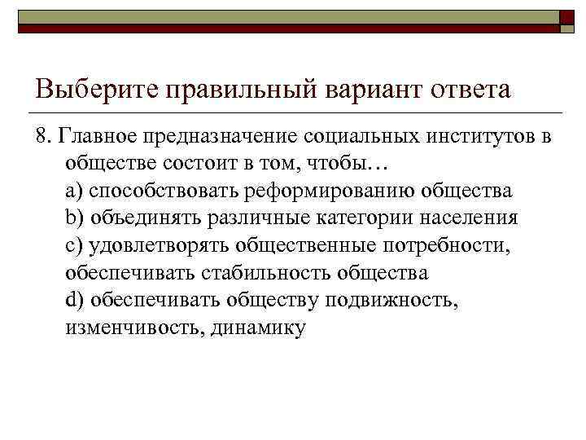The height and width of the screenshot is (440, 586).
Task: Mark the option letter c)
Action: coord(75,245)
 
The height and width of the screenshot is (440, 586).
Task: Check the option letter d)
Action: coord(75,301)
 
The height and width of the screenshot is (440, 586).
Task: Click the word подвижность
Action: coord(391,301)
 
